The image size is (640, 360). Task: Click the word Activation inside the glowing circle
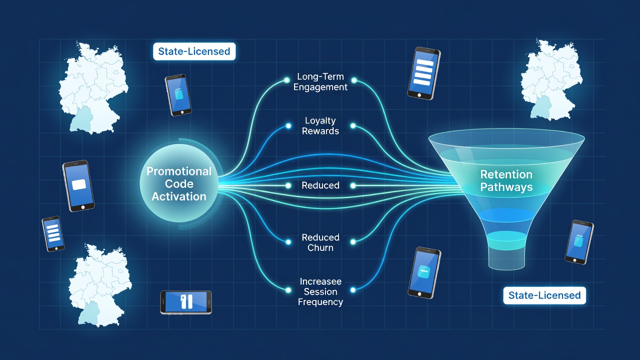coord(179,196)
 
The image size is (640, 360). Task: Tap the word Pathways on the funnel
coord(506,187)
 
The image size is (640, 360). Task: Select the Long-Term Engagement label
coord(320,81)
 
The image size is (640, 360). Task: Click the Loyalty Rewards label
coord(320,125)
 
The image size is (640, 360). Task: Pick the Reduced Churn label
coord(320,242)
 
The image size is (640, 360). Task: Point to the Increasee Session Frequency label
coord(320,291)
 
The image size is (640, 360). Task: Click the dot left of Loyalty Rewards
coord(288,125)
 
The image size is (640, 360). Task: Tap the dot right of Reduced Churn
coord(353,242)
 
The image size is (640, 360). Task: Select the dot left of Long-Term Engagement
coord(286,80)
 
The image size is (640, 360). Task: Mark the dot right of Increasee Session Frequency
coord(353,290)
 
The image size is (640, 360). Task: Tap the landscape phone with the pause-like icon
coord(186,302)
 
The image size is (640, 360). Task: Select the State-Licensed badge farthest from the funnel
coord(194,51)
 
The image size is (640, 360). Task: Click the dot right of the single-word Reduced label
coord(353,185)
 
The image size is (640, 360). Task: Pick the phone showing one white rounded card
coord(78,185)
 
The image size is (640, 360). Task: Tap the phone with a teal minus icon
coord(424,272)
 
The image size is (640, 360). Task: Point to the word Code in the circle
coord(179,183)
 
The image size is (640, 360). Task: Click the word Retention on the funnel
coord(506,174)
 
